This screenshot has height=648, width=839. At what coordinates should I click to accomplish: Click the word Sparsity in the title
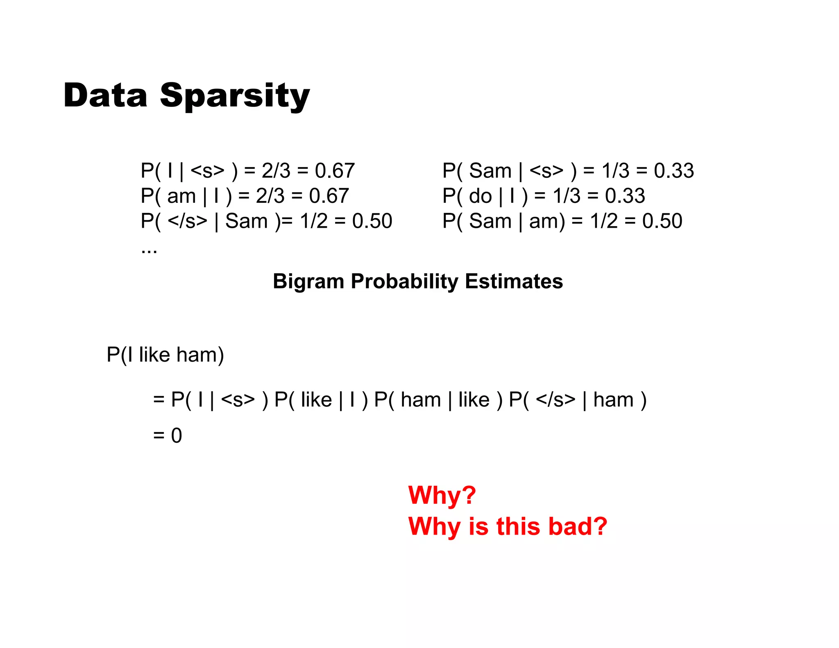point(234,96)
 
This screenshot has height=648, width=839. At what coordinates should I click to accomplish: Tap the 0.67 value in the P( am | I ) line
point(329,196)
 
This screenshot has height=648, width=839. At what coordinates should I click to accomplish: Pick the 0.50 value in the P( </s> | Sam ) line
point(372,221)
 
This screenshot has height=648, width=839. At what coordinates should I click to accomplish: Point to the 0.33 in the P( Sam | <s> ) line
point(673,170)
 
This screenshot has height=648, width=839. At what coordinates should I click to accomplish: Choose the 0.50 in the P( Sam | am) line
point(662,221)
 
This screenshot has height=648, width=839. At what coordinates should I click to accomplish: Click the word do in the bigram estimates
point(480,196)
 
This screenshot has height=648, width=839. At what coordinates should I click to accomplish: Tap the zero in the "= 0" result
point(177,435)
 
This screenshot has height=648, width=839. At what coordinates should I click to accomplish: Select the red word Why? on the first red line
point(442,495)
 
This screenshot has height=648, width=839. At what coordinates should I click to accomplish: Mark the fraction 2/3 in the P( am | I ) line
point(270,196)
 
